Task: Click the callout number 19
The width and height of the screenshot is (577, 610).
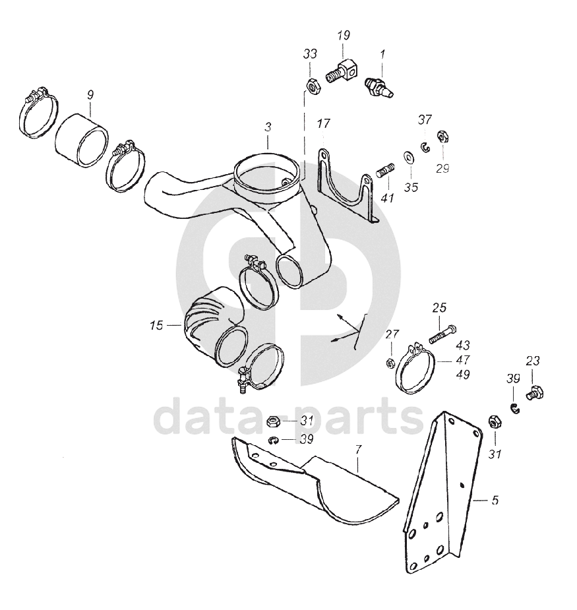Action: point(344,36)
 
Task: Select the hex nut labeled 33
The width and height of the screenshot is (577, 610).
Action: point(313,85)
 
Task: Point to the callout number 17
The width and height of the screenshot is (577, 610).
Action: point(323,124)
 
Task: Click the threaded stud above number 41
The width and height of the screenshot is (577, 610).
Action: point(386,170)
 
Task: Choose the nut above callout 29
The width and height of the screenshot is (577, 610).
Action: point(442,136)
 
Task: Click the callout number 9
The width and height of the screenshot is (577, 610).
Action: point(90,96)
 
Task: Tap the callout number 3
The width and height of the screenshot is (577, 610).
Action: point(268,127)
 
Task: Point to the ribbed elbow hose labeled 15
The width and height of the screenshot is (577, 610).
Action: point(215,327)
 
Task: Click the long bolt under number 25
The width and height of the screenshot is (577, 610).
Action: point(442,334)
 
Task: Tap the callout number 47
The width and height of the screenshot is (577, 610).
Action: point(463,360)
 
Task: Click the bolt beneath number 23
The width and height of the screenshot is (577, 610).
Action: point(535,392)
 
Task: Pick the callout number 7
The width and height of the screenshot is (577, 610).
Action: point(358,450)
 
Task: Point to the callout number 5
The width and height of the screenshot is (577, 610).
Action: point(495,500)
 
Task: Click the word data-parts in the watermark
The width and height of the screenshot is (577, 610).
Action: point(289,416)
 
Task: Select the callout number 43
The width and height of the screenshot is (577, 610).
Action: point(463,345)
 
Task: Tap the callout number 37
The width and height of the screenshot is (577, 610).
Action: point(425,120)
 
